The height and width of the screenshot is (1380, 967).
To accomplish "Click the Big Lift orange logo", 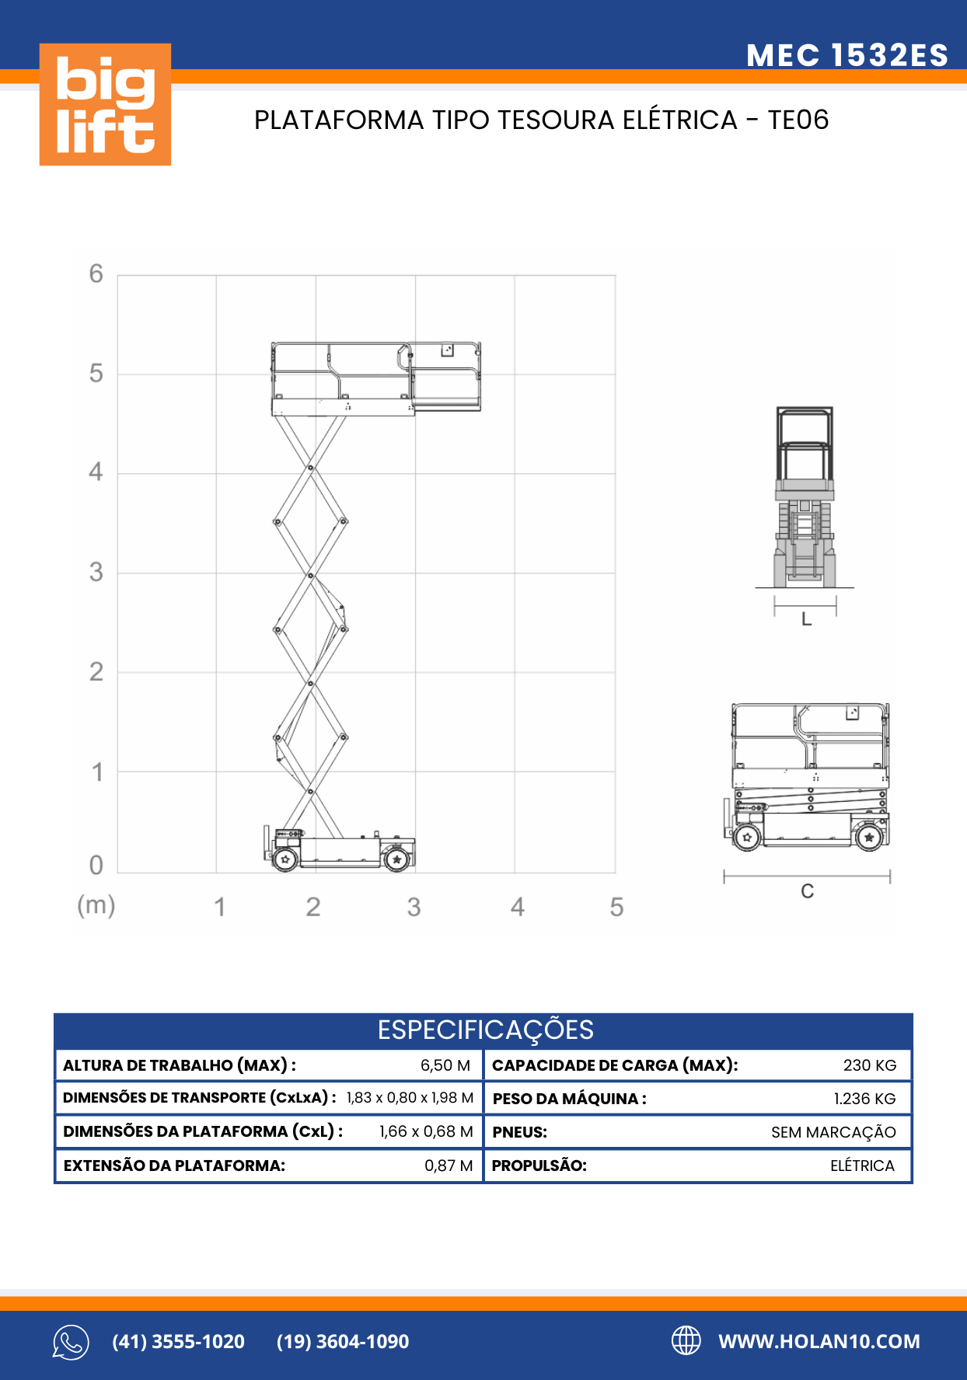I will click(105, 104).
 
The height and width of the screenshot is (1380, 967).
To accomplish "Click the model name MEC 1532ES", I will click(847, 55).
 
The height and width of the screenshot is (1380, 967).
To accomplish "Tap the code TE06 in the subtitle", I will click(798, 120).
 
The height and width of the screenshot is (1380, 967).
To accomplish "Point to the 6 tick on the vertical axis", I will click(96, 274).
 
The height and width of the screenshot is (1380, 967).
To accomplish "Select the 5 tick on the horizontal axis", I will click(616, 907).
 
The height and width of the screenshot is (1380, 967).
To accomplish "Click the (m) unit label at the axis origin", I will click(96, 905).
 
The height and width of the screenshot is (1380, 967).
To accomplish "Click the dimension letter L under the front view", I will click(806, 619).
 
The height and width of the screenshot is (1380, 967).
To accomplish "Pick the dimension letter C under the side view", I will click(807, 891).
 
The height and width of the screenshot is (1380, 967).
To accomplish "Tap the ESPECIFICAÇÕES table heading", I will click(485, 1030).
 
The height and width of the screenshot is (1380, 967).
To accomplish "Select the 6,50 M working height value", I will click(445, 1065).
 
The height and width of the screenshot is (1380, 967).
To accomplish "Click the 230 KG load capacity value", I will click(869, 1065).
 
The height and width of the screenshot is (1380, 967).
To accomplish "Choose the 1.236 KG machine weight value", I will click(864, 1099).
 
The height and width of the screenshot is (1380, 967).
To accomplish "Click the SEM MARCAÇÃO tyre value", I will click(833, 1133).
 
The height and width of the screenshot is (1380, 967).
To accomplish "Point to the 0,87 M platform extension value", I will click(449, 1166).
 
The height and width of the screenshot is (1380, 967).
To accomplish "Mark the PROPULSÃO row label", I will click(539, 1166).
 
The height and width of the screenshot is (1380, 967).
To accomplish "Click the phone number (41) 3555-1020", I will click(178, 1342).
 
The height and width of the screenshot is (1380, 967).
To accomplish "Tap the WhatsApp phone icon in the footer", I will click(71, 1342).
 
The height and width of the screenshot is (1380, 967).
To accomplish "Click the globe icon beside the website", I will click(686, 1340).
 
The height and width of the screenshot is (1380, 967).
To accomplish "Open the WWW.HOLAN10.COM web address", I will click(819, 1342).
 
